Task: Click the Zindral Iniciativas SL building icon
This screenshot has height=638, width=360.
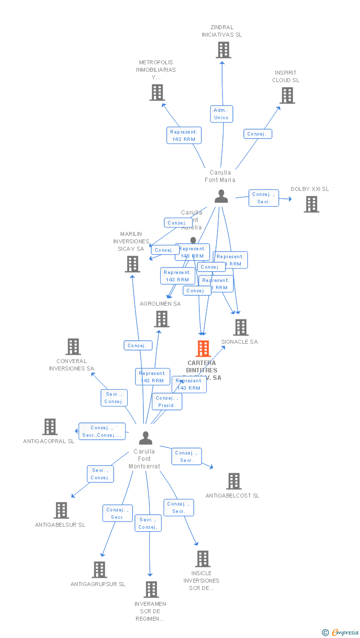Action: tap(224, 50)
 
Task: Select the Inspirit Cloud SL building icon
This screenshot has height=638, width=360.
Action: tap(287, 95)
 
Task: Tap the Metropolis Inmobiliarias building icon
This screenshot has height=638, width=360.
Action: tap(157, 92)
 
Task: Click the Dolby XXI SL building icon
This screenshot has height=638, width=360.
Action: tap(311, 204)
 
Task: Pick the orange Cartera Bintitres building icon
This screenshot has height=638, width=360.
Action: tap(203, 349)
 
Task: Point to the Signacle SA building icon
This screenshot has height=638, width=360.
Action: tap(241, 327)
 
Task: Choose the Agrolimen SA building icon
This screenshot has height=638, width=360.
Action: tap(162, 319)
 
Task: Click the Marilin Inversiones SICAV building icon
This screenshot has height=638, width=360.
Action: tap(133, 264)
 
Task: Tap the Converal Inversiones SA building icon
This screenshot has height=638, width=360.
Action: tap(73, 347)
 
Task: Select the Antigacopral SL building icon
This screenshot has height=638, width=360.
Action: tap(50, 427)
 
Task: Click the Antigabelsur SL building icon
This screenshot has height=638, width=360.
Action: tap(61, 510)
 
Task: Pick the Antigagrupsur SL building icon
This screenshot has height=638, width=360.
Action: tap(99, 570)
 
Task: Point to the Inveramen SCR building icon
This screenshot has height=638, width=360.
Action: tap(151, 590)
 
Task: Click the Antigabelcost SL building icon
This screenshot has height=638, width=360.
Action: tap(234, 481)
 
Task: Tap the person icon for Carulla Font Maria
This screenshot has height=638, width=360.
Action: tap(221, 196)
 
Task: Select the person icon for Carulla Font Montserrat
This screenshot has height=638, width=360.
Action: tap(145, 438)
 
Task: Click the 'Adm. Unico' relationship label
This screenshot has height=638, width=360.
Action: tap(222, 114)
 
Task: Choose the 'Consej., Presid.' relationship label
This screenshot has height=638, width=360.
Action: tap(167, 402)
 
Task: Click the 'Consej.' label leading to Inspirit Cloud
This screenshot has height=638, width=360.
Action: tap(257, 134)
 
